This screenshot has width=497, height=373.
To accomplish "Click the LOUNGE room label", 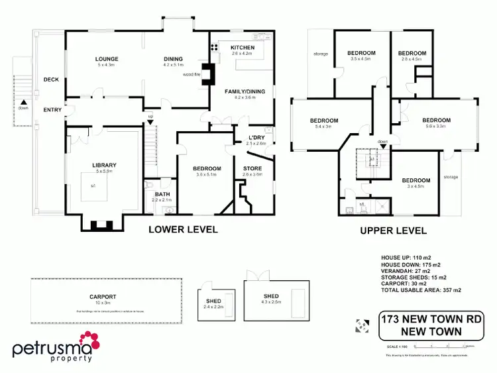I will point(107,59).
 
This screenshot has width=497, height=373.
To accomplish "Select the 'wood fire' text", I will point(192,75).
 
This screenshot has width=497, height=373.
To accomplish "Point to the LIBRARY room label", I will point(105,165).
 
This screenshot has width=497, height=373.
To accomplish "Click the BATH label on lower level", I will point(162,193).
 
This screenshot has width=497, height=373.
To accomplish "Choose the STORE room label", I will point(252,169).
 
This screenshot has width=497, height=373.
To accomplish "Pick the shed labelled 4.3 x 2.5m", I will point(270,296).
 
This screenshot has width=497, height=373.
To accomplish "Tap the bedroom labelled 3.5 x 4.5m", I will point(362,53).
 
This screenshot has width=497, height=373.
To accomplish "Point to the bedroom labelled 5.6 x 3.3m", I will point(437,121).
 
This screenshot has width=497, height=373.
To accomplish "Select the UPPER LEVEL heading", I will point(393,231).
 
